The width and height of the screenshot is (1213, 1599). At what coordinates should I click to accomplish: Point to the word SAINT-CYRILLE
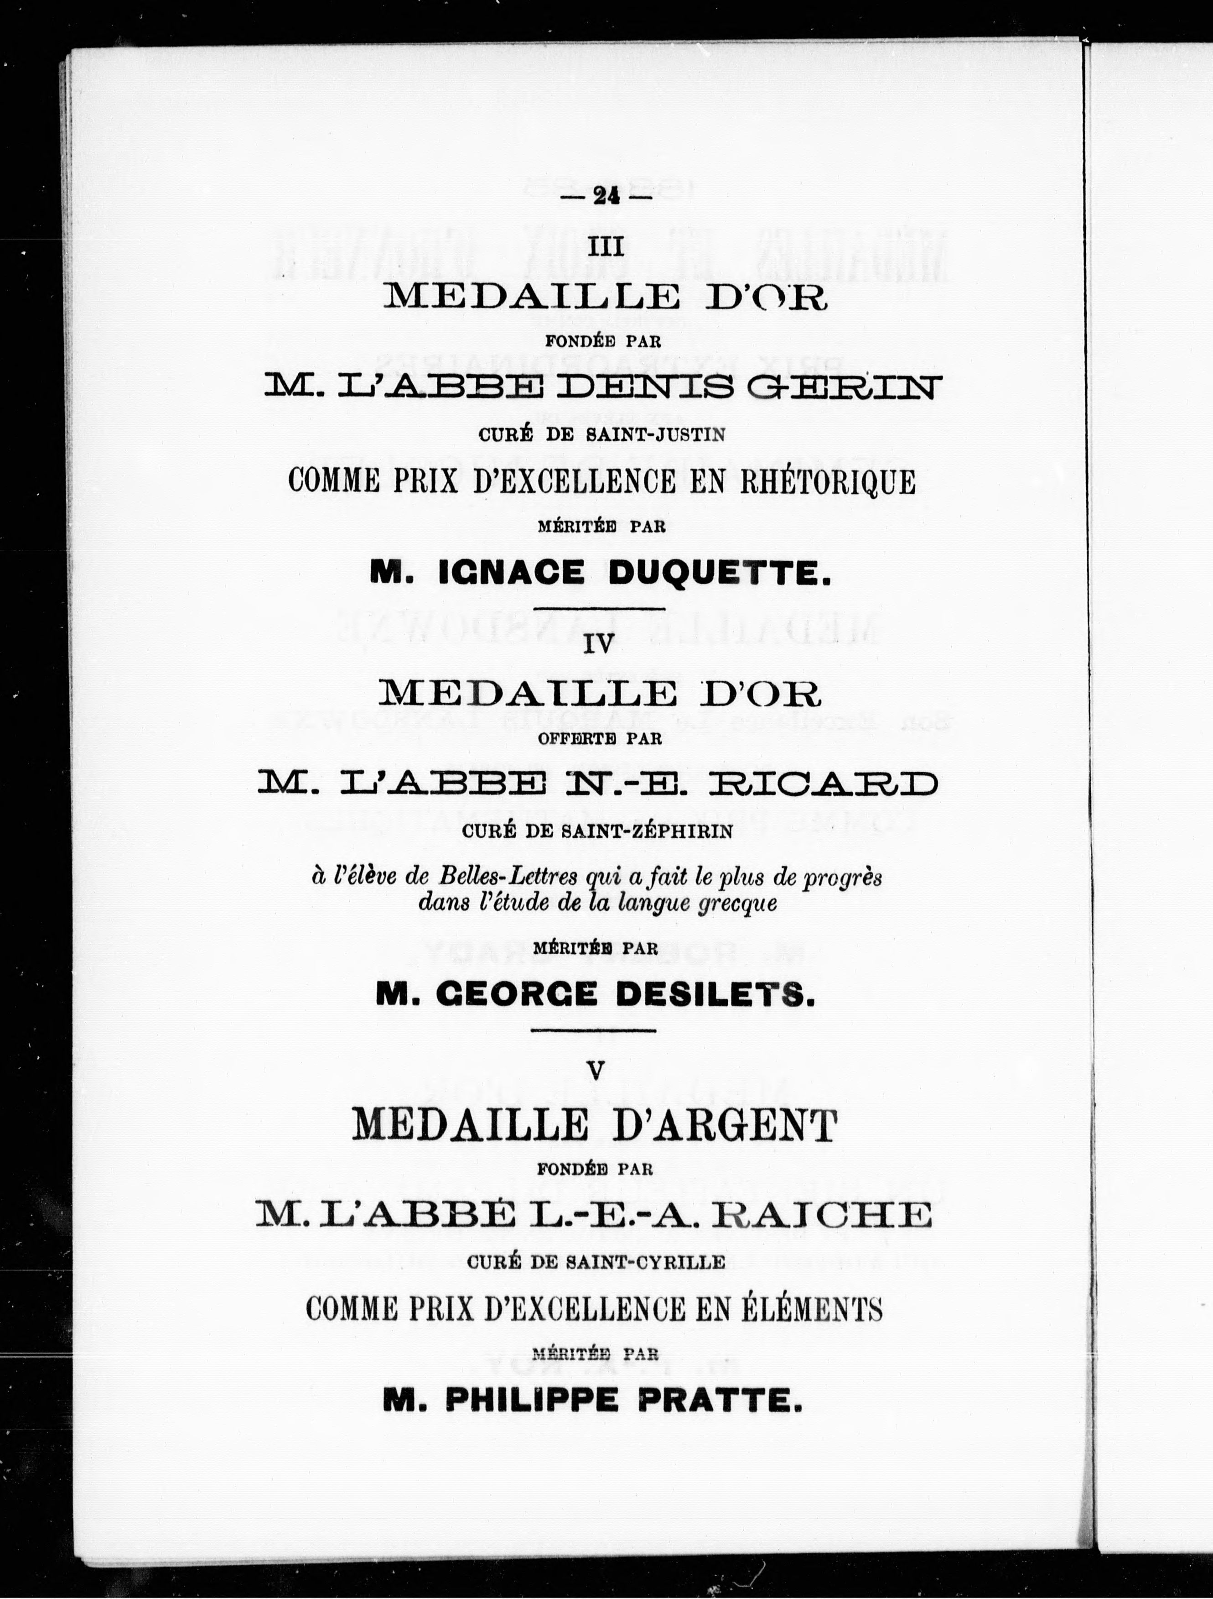pyautogui.click(x=645, y=1262)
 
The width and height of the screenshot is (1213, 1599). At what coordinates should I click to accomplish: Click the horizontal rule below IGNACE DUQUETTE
pyautogui.click(x=601, y=609)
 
